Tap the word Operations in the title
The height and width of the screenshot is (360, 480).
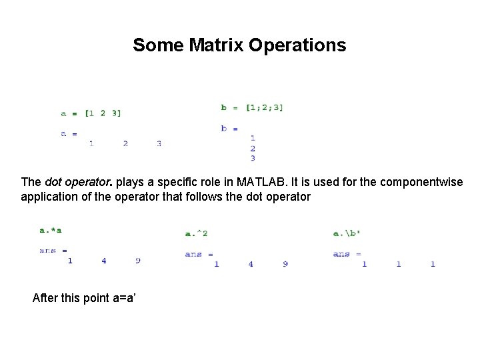pyautogui.click(x=297, y=45)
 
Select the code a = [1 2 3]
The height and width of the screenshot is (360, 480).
pyautogui.click(x=91, y=113)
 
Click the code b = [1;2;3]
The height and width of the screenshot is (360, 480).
pyautogui.click(x=252, y=107)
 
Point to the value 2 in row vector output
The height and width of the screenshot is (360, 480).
pyautogui.click(x=125, y=143)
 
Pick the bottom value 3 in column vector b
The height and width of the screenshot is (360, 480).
pyautogui.click(x=253, y=159)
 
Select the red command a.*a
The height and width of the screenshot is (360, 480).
pyautogui.click(x=51, y=231)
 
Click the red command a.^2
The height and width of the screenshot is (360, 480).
pyautogui.click(x=196, y=233)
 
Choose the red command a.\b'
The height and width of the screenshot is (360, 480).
pyautogui.click(x=347, y=233)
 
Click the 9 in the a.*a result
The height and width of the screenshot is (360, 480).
pyautogui.click(x=138, y=261)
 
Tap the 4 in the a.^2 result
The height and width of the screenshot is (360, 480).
pyautogui.click(x=251, y=264)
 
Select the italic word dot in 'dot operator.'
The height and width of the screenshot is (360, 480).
pyautogui.click(x=53, y=182)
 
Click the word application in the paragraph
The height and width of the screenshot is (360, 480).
pyautogui.click(x=48, y=197)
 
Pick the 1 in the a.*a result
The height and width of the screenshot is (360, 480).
pyautogui.click(x=70, y=261)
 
